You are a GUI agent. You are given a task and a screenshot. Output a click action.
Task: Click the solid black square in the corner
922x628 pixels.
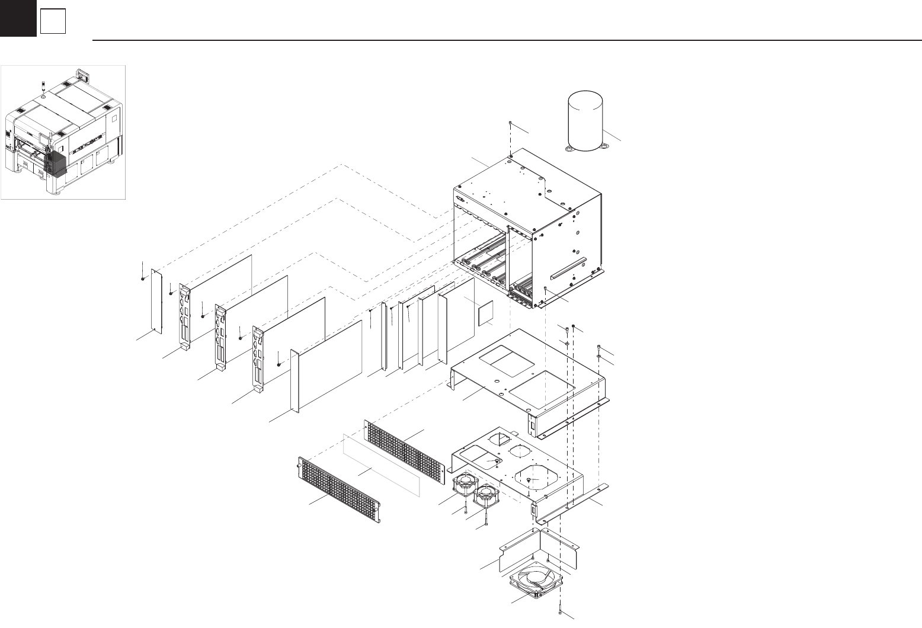tap(18, 18)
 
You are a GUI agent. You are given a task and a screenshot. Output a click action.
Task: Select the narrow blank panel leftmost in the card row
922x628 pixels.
tap(157, 302)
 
